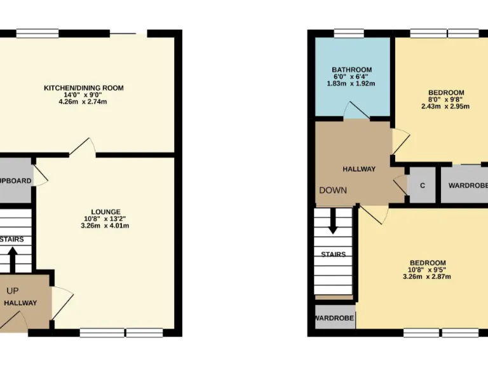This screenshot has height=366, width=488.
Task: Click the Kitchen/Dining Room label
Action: click(83, 88)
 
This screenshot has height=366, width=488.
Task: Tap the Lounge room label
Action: click(105, 212)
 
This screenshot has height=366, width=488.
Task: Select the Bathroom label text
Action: click(351, 70)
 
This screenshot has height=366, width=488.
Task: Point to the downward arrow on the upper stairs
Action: click(332, 222)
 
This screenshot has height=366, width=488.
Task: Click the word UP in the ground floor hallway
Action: click(13, 291)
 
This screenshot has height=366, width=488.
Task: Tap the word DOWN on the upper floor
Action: click(333, 190)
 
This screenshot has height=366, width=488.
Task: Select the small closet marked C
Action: click(422, 185)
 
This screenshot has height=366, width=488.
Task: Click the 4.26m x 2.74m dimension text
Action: click(83, 102)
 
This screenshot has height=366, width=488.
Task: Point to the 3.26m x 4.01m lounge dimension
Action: click(105, 226)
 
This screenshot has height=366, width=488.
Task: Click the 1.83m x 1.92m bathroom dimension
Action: click(351, 84)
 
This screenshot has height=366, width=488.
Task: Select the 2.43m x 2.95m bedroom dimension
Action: click(445, 106)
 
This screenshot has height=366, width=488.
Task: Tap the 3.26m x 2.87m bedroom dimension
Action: click(427, 276)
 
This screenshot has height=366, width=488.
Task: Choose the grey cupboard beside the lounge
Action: click(16, 181)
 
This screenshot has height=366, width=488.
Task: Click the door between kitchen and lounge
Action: click(83, 148)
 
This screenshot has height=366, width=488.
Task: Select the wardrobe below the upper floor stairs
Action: click(335, 316)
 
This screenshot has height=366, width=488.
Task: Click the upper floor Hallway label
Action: click(359, 169)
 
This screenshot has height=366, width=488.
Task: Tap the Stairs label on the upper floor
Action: click(333, 254)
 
